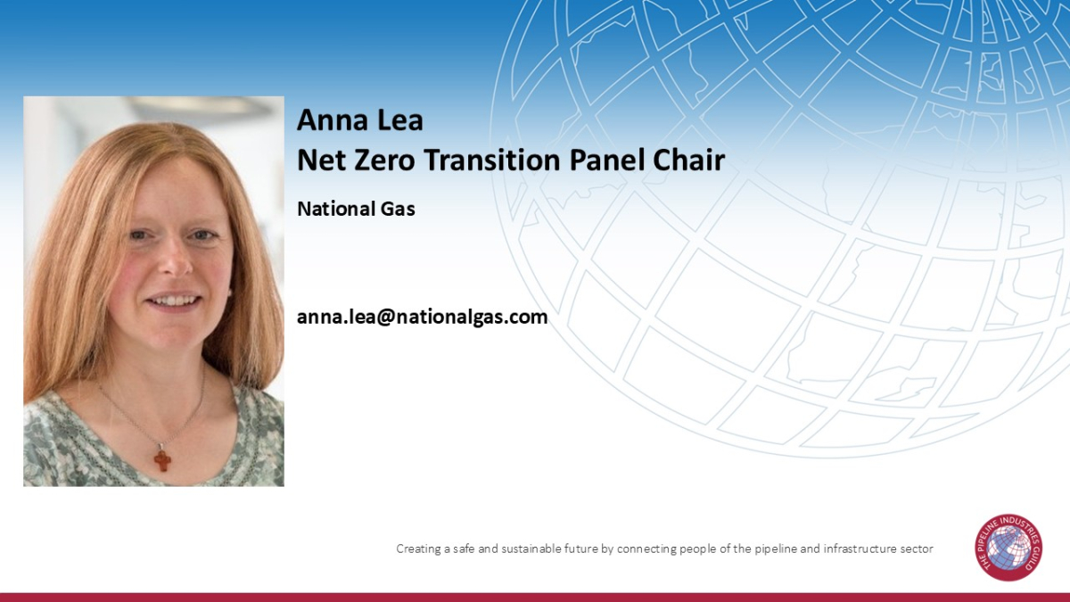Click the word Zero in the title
[x=383, y=161]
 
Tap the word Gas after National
[x=399, y=210]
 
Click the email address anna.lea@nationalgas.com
[x=422, y=317]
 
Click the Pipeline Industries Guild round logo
[x=1008, y=548]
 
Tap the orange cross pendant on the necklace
[x=161, y=459]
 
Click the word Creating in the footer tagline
[x=418, y=549]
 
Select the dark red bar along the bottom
[x=535, y=597]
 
